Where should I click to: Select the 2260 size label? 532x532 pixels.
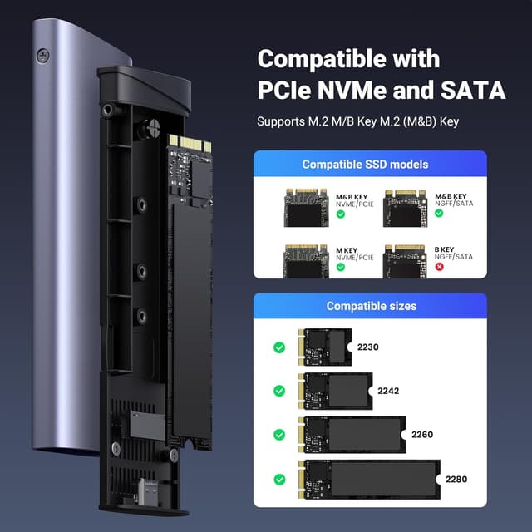point(420,434)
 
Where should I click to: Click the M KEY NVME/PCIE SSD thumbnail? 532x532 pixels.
point(305,260)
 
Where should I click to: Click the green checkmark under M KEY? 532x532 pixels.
point(341,268)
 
